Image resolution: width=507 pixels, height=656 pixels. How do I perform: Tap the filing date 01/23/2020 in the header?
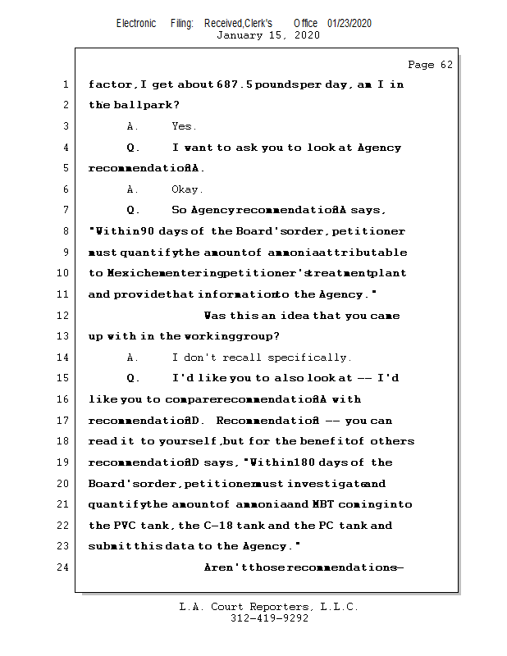[349, 23]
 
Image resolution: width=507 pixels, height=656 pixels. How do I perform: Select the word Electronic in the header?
[136, 23]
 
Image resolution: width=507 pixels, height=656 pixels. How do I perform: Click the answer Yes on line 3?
[183, 126]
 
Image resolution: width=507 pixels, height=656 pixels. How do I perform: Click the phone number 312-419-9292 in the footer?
[269, 618]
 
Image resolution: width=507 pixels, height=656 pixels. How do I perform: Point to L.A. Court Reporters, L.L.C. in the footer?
[269, 607]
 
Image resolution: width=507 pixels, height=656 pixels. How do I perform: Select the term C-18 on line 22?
[214, 526]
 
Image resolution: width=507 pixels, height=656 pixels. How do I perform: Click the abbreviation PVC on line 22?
[122, 526]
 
